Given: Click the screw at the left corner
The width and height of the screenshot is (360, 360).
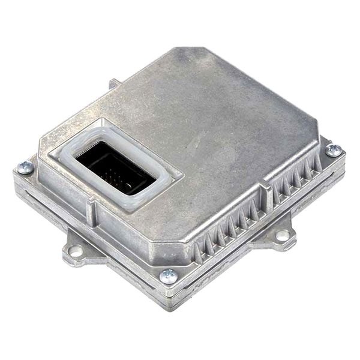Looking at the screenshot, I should click(x=25, y=168).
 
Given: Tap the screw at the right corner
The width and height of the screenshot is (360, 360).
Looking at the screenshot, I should click(x=333, y=150).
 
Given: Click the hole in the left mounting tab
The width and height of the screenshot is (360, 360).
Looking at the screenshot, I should click(x=76, y=251).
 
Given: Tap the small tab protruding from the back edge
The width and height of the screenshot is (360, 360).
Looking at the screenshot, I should click(x=113, y=83).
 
